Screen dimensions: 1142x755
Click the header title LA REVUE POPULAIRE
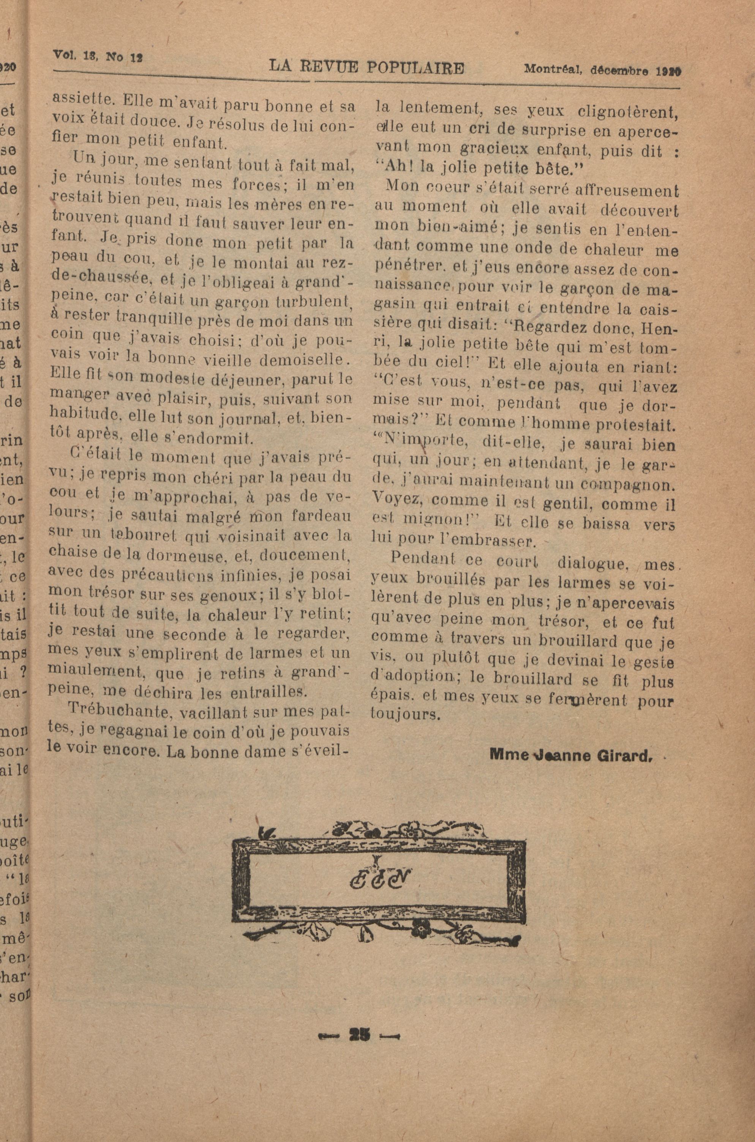point(367,68)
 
